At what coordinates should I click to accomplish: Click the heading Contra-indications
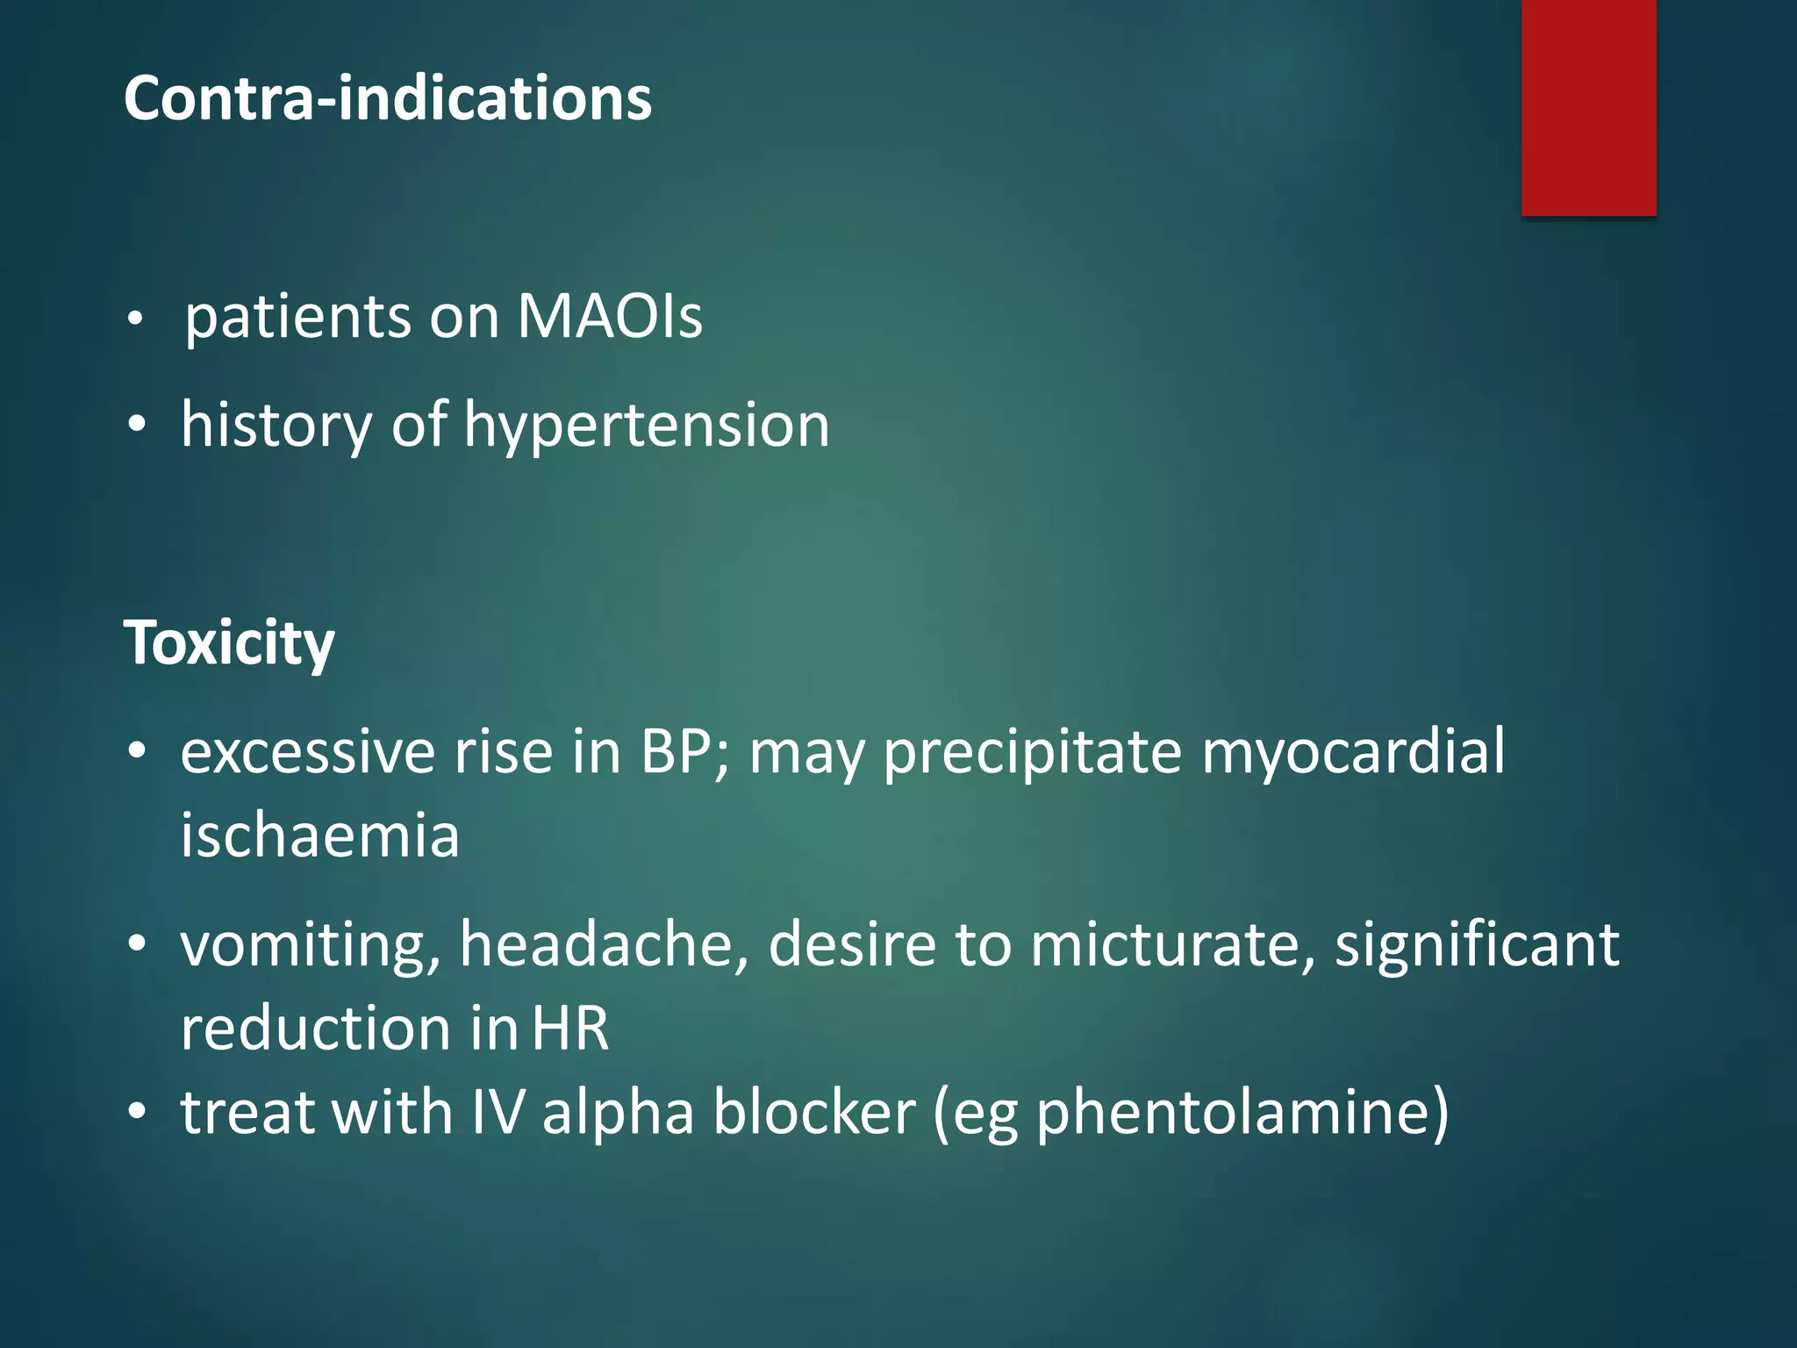[388, 98]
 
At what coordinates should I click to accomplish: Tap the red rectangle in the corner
[1588, 107]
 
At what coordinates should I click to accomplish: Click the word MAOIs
[610, 316]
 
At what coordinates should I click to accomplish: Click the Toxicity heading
[229, 643]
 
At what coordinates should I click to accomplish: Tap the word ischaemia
[320, 835]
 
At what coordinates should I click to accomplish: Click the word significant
[1477, 946]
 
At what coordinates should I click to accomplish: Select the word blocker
[814, 1112]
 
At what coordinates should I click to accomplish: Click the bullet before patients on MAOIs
[134, 319]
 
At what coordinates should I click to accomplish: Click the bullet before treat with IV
[136, 1113]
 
